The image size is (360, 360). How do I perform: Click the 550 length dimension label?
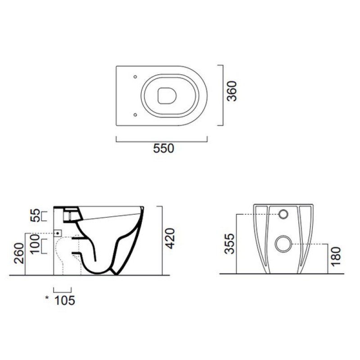tap(163, 148)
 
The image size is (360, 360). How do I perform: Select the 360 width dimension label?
tap(232, 91)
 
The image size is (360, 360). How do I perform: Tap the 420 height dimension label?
tap(171, 238)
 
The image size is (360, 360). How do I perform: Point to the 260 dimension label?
tap(19, 253)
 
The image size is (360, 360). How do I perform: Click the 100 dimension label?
tap(35, 244)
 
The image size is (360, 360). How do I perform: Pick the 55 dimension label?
tap(35, 215)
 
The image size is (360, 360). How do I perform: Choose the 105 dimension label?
tap(65, 301)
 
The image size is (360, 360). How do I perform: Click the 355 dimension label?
tap(229, 243)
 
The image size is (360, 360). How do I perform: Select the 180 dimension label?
tap(336, 256)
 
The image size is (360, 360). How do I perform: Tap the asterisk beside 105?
tap(47, 298)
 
